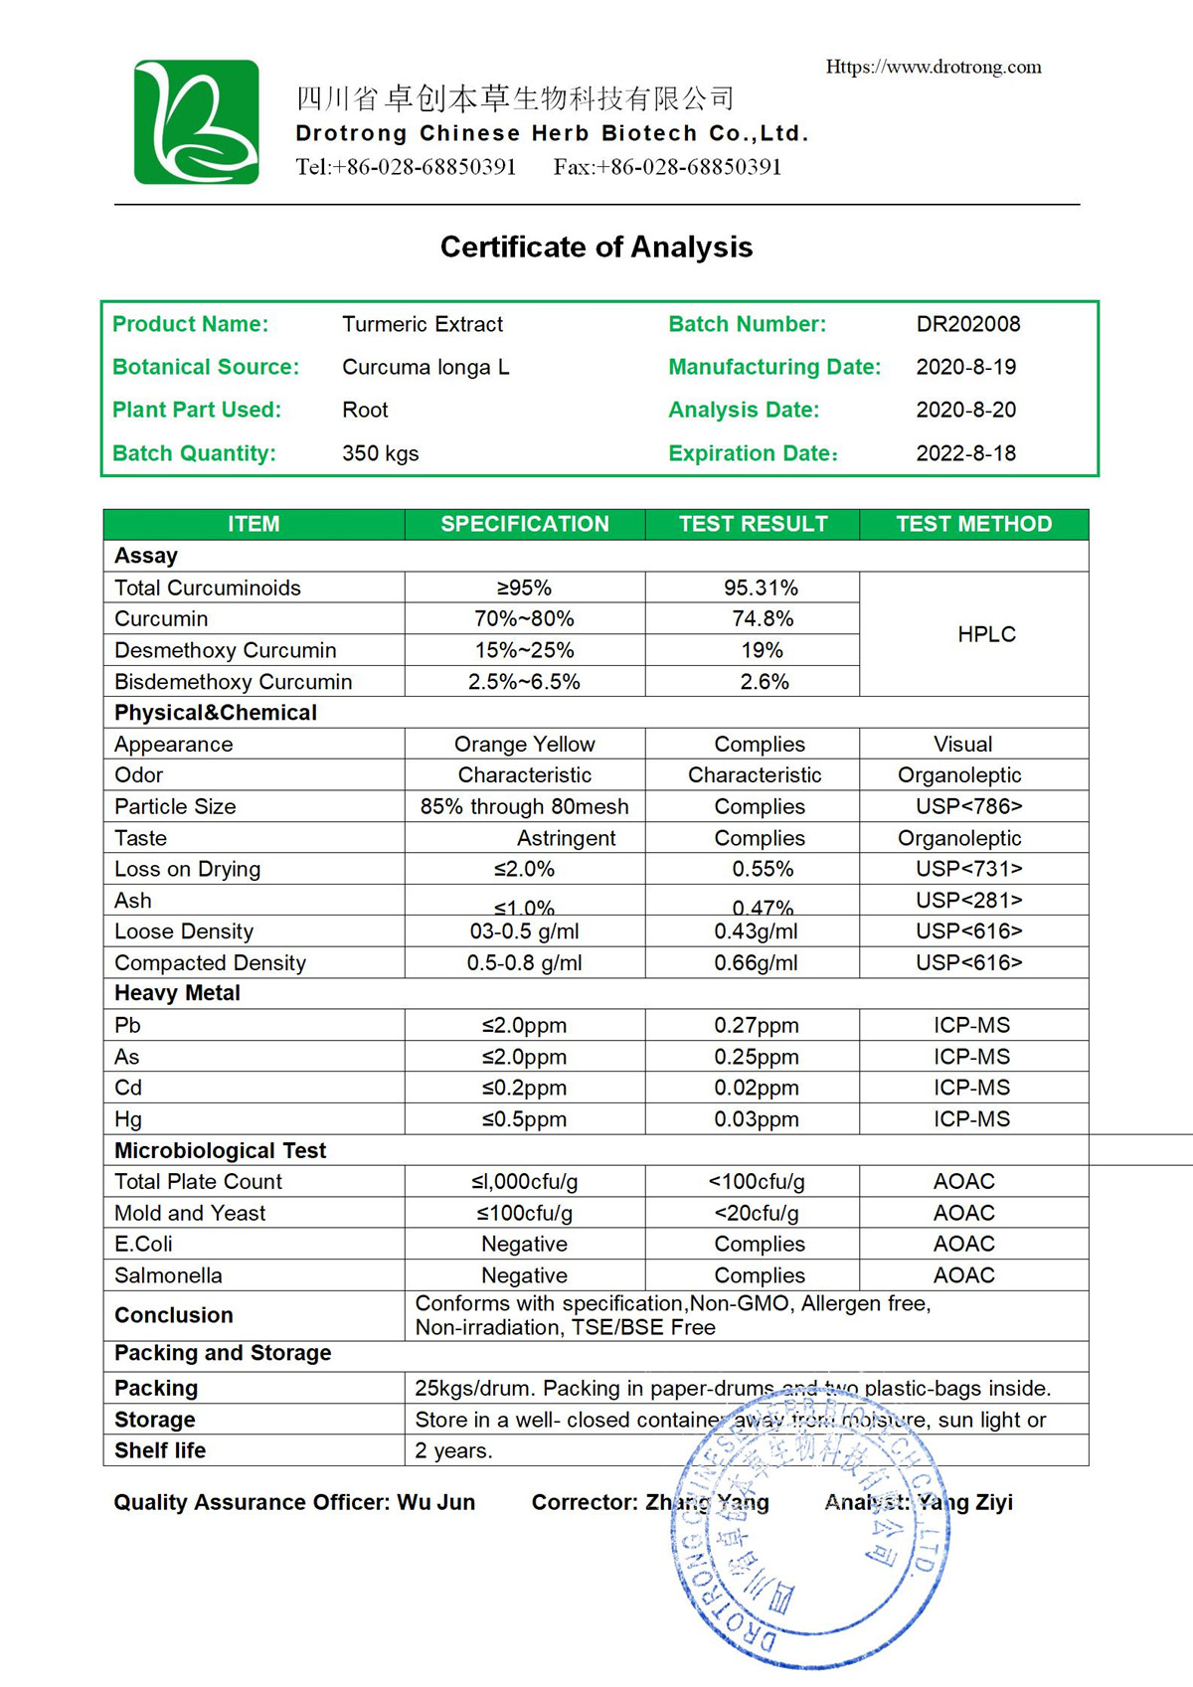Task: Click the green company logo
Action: coord(197,122)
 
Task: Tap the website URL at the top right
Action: coord(934,67)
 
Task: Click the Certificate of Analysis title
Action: coord(596,247)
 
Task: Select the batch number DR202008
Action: coord(967,324)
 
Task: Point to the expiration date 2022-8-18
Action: coord(965,453)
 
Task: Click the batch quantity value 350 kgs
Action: coord(380,453)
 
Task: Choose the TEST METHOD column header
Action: coord(973,524)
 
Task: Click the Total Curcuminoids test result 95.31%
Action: coord(761,588)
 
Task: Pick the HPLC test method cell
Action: coord(986,634)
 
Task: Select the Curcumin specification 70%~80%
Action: coord(524,618)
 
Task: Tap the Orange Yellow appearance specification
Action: coord(524,744)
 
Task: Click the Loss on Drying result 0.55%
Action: coord(763,869)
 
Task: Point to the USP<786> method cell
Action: coord(968,806)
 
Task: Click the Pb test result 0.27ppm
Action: coord(756,1025)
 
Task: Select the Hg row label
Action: coord(128,1119)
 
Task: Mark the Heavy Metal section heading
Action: coord(177,993)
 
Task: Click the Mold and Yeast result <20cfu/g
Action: coord(756,1213)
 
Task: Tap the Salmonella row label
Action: coord(168,1275)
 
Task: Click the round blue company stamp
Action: coord(810,1536)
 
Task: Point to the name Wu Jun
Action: coord(435,1502)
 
